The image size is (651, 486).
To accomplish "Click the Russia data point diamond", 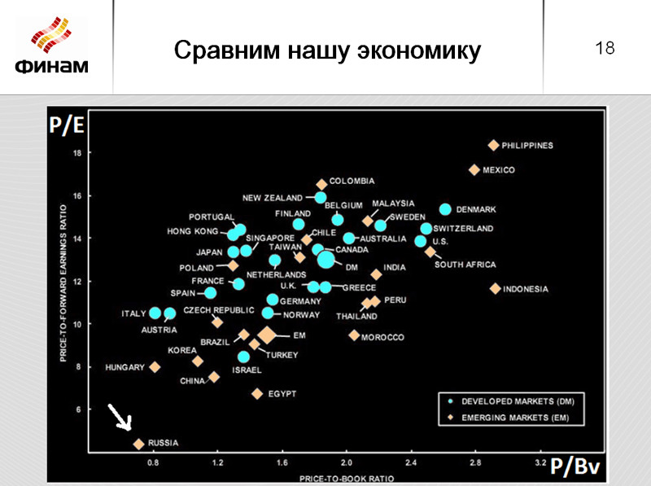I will coord(139,444).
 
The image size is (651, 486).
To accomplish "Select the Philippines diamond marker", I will coord(493,146).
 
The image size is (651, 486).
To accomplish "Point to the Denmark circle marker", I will coord(445,209).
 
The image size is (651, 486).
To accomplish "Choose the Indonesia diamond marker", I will coord(495,289).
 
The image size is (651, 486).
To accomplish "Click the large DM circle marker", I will coord(325,260).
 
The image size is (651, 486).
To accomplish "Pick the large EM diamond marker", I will coord(267,335).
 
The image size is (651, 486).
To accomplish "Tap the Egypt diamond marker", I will coord(257,394).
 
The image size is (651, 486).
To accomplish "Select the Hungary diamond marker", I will coord(155,367).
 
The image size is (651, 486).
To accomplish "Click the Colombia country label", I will coord(352,181).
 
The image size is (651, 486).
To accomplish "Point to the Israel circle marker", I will coord(243,357).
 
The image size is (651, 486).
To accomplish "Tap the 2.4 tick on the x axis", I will coord(410,462).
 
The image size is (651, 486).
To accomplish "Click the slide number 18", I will coord(605,49).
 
